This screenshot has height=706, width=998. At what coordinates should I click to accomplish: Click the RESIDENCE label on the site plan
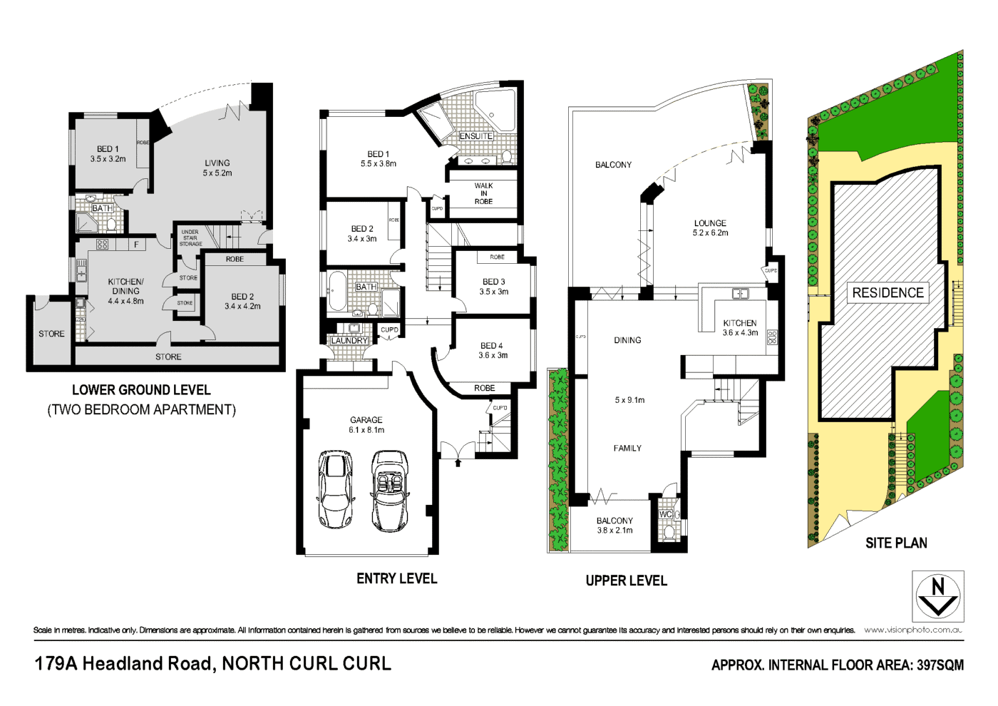coord(888,292)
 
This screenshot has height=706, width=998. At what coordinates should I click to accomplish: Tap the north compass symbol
coord(938,596)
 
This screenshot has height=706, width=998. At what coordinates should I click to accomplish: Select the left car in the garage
coord(335,489)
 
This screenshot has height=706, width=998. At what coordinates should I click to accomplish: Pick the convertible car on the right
coord(389,491)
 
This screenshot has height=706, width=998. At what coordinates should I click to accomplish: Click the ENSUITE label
coord(475,136)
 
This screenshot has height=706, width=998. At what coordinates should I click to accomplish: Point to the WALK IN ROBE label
coord(483,193)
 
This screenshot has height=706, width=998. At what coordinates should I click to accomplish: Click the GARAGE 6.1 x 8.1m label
coord(366,425)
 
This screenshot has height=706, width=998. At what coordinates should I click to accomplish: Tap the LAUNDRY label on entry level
coord(349,341)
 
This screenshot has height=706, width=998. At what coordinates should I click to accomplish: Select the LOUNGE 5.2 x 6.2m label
coord(710,228)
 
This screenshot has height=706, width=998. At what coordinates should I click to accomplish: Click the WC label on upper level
coord(665,514)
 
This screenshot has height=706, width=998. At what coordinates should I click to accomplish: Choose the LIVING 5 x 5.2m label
coord(217,168)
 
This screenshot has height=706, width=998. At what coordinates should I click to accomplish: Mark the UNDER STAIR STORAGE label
coord(190,238)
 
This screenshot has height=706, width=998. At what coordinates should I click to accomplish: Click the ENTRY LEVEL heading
coord(396,579)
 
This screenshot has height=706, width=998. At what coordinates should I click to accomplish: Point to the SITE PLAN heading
coord(896,543)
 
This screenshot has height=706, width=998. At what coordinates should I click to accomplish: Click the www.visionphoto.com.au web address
coord(913,630)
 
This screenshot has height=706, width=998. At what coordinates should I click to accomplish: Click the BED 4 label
coord(492,350)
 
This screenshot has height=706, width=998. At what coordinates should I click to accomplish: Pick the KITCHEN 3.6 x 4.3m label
coord(740,328)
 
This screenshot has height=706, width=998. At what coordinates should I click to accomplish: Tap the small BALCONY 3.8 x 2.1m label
coord(614,526)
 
